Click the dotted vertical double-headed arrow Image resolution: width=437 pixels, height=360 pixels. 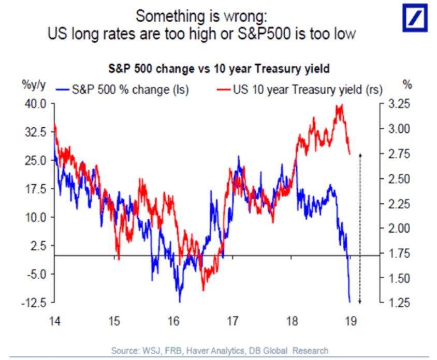[x=360, y=228]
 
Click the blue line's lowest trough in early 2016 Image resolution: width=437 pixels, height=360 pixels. [x=180, y=301]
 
